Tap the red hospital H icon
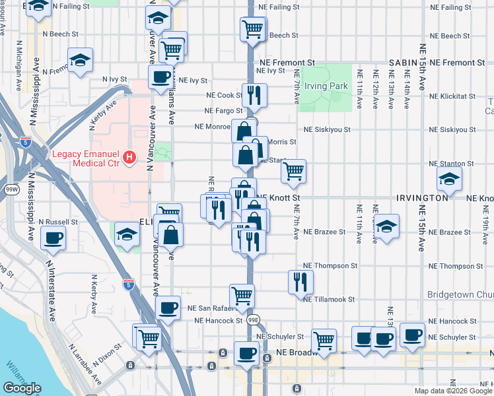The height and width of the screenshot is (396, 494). pos(130,158)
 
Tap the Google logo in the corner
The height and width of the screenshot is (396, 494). pos(22,388)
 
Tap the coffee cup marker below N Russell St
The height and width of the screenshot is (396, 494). pos(53,238)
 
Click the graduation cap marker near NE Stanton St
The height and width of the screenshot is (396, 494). pos(449,178)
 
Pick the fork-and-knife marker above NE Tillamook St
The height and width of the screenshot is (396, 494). pos(300,281)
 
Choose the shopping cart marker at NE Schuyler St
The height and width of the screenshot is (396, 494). pos(324,340)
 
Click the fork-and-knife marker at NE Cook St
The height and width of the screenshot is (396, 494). pos(254,95)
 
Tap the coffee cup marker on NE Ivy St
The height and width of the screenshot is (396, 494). pos(160,77)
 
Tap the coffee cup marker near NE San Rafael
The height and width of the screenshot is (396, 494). pos(168,308)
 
